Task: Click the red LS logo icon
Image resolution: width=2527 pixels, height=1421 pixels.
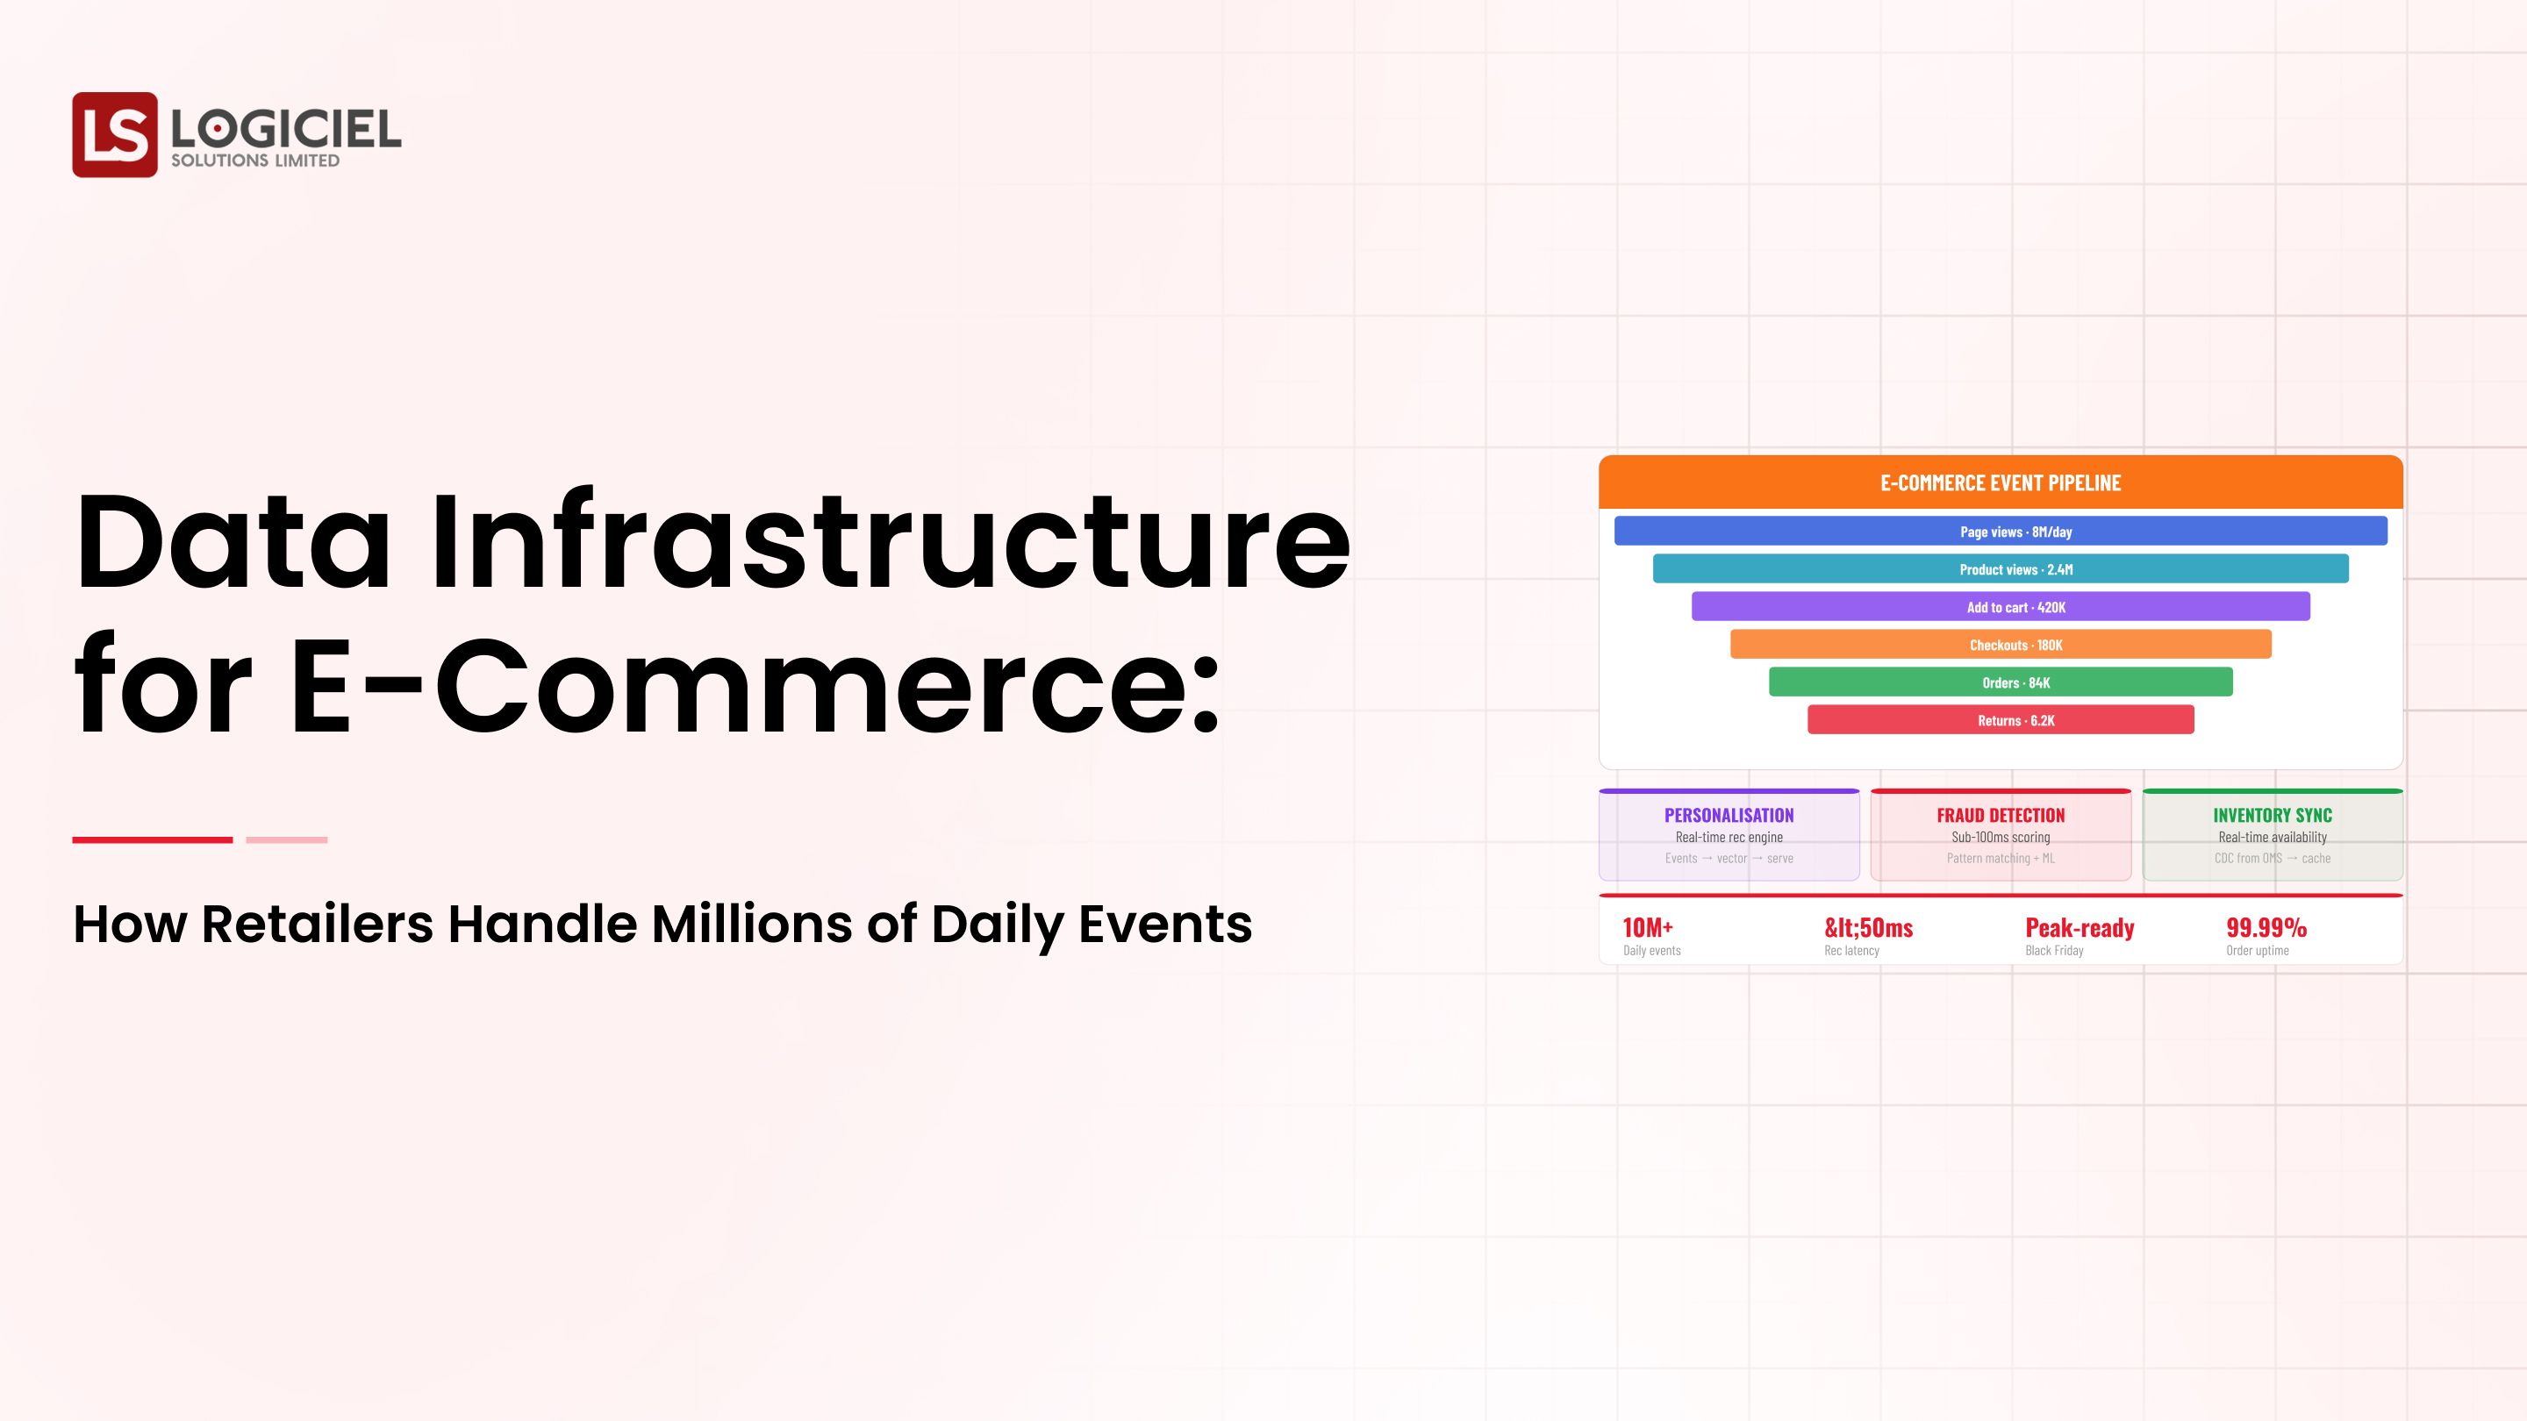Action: (x=114, y=134)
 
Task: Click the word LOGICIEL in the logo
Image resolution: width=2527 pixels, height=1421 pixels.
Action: (x=285, y=128)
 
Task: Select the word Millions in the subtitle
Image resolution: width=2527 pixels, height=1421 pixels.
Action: (x=751, y=924)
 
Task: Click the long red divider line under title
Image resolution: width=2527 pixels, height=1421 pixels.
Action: (x=152, y=839)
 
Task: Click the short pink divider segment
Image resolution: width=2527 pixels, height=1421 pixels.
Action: (x=286, y=839)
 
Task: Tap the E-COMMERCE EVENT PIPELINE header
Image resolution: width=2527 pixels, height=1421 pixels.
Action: (x=2001, y=482)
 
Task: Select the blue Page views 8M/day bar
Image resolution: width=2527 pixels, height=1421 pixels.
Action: (x=2001, y=532)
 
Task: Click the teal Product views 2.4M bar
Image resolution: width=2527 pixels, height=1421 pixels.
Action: (x=2001, y=568)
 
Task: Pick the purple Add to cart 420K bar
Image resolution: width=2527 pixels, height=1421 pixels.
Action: (x=2001, y=606)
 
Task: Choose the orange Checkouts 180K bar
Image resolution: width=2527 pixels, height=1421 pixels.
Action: (x=2001, y=645)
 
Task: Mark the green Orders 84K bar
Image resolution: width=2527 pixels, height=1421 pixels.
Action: (x=2001, y=682)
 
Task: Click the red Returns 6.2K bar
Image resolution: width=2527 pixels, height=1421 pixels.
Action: (x=2001, y=720)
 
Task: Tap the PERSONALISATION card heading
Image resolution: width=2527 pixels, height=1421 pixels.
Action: (x=1729, y=815)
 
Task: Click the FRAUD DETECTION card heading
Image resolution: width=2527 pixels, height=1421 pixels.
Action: (x=2001, y=815)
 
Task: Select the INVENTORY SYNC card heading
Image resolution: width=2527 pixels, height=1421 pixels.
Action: (x=2272, y=815)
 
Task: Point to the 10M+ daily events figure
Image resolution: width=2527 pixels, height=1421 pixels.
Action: (x=1648, y=928)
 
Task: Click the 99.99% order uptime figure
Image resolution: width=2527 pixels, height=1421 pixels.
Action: (x=2266, y=928)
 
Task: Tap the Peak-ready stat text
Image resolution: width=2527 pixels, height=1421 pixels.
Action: (x=2080, y=928)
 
